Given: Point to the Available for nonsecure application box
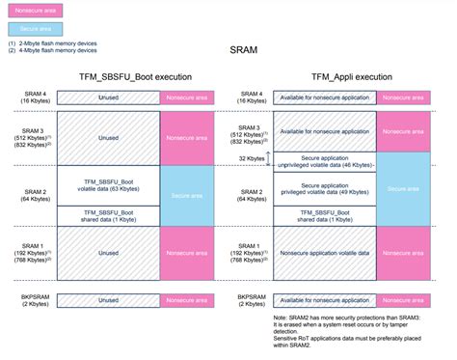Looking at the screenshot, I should click(x=325, y=97).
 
